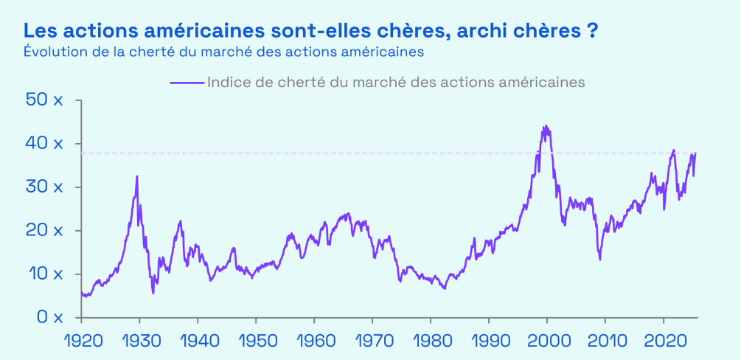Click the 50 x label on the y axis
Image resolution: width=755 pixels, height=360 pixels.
pos(45,100)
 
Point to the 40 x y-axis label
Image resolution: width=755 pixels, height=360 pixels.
pos(45,143)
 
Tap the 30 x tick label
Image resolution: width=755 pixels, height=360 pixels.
pos(45,187)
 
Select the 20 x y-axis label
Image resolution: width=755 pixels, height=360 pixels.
pos(45,230)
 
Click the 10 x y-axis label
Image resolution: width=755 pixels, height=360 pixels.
pos(45,274)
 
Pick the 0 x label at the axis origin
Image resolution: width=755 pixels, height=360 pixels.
pos(49,317)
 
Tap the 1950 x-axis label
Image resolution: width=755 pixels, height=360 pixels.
pos(255,343)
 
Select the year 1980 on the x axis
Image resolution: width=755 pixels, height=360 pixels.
pos(430,343)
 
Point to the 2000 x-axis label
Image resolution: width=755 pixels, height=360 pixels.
pos(546,343)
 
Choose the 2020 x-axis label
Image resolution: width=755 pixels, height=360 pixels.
pos(663,343)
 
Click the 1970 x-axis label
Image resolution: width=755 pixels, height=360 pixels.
pos(372,343)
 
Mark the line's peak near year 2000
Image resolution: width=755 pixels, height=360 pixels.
pos(546,126)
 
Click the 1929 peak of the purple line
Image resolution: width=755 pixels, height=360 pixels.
pos(137,176)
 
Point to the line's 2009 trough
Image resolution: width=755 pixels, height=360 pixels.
pos(600,259)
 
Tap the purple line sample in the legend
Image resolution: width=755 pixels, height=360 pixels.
pos(187,82)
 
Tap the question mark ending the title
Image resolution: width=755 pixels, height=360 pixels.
pos(592,32)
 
